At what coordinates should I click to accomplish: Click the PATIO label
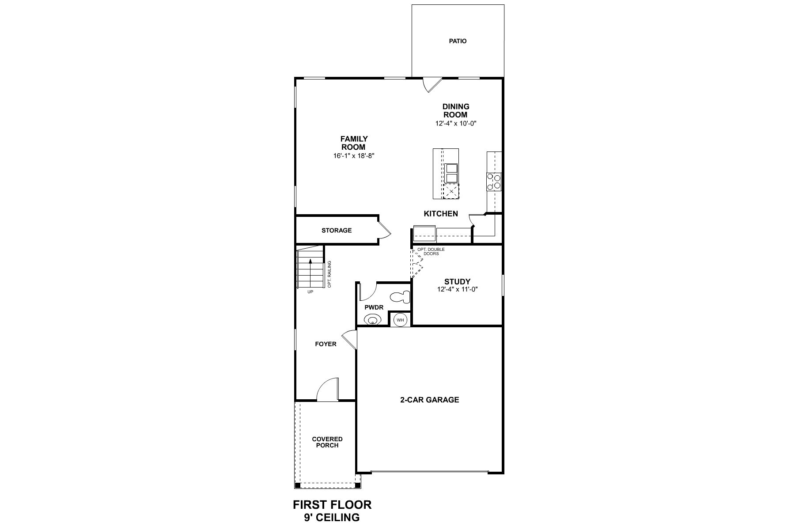[458, 41]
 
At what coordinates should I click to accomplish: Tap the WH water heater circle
[400, 320]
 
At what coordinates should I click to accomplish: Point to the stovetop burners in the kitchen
[494, 182]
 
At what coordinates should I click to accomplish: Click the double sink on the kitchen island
[451, 173]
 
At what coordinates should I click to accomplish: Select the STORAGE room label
[337, 231]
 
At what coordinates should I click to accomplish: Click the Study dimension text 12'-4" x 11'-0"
[457, 289]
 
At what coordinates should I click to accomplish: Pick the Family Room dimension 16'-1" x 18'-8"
[354, 155]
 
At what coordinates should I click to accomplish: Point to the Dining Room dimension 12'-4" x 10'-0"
[456, 123]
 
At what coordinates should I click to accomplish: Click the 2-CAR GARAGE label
[429, 400]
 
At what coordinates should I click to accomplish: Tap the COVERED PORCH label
[327, 442]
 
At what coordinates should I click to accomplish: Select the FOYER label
[326, 344]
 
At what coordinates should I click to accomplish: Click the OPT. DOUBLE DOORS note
[431, 252]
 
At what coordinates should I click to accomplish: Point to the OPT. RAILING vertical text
[329, 274]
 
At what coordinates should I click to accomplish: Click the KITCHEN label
[441, 214]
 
